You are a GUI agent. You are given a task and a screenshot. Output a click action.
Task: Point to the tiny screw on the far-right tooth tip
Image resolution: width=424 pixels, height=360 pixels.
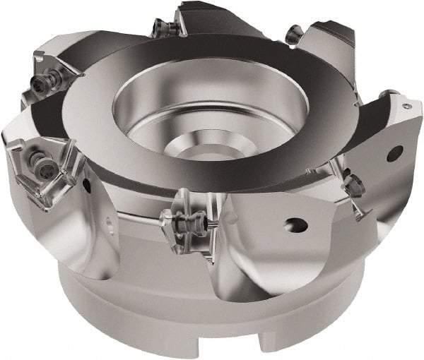click(x=409, y=104)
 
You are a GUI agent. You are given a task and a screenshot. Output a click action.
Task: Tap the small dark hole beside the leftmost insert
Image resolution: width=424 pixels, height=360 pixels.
click(x=86, y=186)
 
